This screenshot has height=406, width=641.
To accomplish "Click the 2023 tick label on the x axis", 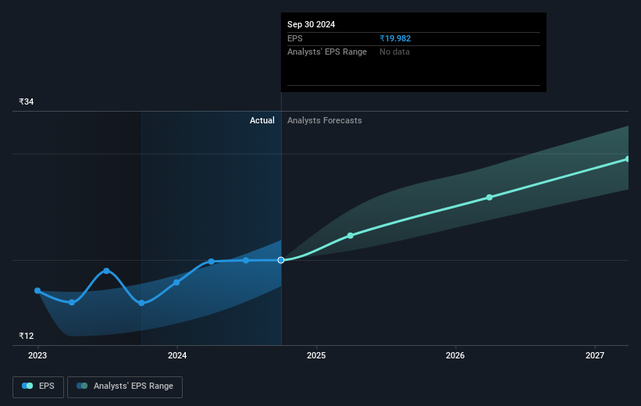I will (x=37, y=356).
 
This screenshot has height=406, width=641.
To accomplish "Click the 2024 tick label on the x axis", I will (x=177, y=356).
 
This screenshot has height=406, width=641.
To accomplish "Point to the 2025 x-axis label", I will (x=316, y=356).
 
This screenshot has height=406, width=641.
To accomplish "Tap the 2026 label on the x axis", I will (x=455, y=356).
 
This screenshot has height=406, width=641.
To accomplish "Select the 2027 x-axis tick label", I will (x=595, y=356).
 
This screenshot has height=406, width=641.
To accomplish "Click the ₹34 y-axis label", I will (x=27, y=101).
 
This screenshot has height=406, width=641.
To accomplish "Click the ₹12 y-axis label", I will (x=27, y=336).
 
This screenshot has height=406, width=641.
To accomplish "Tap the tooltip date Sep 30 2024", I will (x=311, y=24).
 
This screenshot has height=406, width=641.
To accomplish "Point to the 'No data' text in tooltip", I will (x=394, y=52).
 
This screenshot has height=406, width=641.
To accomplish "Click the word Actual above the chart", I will (x=262, y=120).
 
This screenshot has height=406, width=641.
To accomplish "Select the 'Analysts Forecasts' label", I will (x=325, y=120).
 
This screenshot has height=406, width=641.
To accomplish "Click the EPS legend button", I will (x=37, y=386).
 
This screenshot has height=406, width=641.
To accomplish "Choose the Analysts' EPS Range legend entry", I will (x=125, y=386).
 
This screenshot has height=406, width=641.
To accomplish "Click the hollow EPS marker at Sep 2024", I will (x=281, y=260).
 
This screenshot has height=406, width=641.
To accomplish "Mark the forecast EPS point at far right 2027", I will (x=628, y=159).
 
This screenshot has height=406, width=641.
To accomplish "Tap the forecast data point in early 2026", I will (x=490, y=198).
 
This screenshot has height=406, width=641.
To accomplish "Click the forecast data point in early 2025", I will (x=350, y=235).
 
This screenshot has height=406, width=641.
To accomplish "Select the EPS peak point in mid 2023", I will (x=106, y=271).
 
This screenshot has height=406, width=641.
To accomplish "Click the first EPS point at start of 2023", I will (x=37, y=290).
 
